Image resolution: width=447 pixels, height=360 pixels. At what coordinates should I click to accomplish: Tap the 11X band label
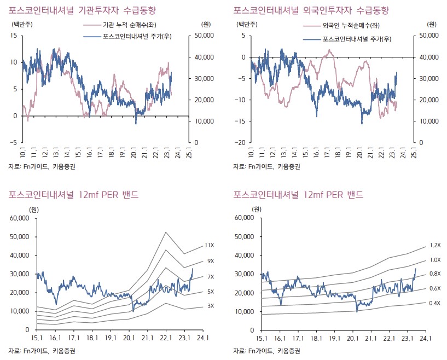[x=210, y=245]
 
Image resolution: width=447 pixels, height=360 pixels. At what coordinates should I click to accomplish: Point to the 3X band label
[x=211, y=306]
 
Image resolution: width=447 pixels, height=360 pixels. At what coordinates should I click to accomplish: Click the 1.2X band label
[x=435, y=245]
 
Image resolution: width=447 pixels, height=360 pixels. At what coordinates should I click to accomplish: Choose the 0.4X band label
[x=435, y=303]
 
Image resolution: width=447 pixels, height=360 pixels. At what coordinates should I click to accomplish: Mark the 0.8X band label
[x=435, y=274]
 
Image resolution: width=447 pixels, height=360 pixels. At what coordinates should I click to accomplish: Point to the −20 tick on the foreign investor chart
[x=239, y=142]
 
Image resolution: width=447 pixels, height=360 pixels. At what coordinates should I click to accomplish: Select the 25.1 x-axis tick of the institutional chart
[x=189, y=153]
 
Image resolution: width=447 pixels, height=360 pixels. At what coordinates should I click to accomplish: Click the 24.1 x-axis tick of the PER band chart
[x=203, y=339]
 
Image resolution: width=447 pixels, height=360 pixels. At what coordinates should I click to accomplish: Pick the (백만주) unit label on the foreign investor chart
[x=246, y=24]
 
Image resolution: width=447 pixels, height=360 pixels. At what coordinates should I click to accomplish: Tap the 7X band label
[x=211, y=277]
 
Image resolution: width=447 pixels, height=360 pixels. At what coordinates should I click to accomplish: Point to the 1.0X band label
[x=435, y=260]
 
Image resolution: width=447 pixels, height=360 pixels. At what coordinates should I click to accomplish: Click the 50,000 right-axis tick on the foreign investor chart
[x=429, y=36]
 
